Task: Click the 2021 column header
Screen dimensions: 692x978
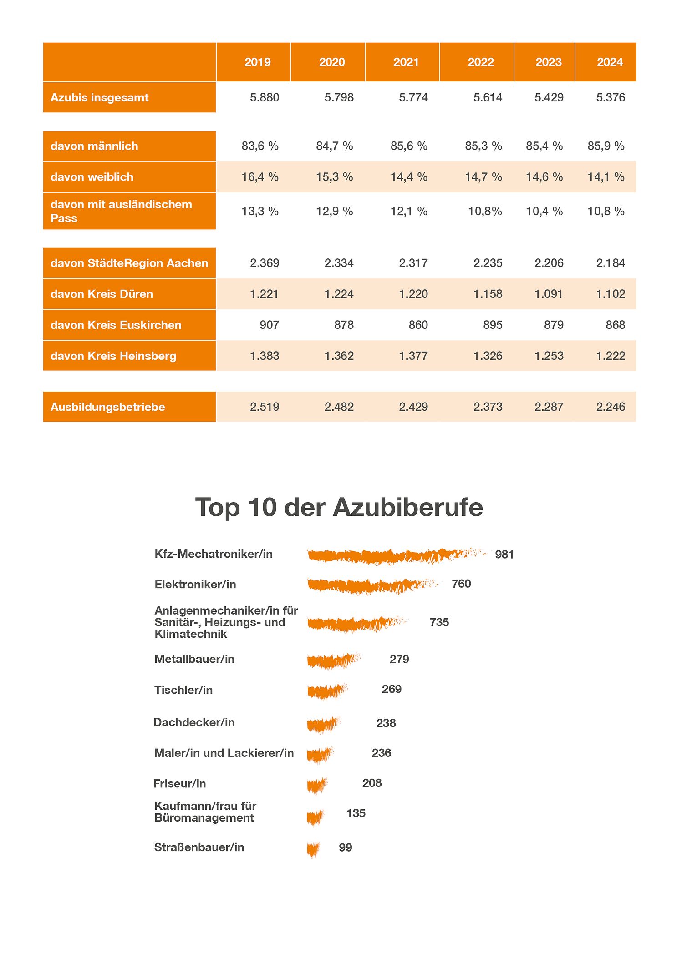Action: (x=406, y=62)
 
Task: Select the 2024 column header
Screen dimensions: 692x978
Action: (x=610, y=62)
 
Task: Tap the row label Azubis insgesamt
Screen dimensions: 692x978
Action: (x=100, y=97)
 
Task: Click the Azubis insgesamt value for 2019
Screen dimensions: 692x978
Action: (x=265, y=97)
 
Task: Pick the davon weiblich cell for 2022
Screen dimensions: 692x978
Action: (x=483, y=177)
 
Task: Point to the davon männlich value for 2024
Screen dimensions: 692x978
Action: (x=606, y=146)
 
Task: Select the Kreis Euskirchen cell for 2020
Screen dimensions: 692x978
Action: (x=344, y=325)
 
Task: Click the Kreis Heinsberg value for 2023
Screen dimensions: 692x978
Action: (x=549, y=356)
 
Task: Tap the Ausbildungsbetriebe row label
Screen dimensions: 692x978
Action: (x=107, y=407)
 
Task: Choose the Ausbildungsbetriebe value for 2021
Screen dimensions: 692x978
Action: (x=413, y=407)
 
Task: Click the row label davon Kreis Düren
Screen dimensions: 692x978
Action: (x=102, y=294)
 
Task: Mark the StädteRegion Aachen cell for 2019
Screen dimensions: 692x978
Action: (x=265, y=263)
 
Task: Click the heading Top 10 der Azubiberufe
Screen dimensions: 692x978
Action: (x=339, y=507)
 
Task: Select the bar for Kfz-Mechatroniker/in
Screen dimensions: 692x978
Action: (x=396, y=555)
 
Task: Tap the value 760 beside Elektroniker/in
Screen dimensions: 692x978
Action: (x=461, y=584)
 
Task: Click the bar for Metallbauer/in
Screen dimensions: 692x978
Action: (x=333, y=660)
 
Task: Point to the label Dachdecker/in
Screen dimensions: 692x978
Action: (x=194, y=722)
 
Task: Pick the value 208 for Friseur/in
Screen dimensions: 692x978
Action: (x=372, y=783)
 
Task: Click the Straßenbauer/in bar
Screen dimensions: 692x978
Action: (x=313, y=849)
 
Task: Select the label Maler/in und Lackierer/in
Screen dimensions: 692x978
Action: (x=224, y=753)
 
